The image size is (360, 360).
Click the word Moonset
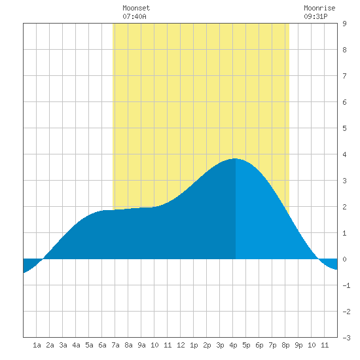[136, 8]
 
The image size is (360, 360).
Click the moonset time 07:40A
[134, 16]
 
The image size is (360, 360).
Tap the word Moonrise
[319, 8]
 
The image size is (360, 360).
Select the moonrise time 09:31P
[315, 16]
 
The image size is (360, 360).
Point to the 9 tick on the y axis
[344, 24]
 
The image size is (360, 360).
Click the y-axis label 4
[344, 154]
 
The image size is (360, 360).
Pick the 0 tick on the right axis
[344, 259]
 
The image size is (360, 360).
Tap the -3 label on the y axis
[346, 338]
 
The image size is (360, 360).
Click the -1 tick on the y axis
[346, 285]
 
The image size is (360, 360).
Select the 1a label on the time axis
[37, 345]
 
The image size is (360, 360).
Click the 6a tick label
[102, 345]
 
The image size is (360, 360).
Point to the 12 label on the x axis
[181, 345]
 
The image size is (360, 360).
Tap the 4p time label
[233, 345]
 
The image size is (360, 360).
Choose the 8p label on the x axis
[285, 345]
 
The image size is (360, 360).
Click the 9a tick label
[141, 345]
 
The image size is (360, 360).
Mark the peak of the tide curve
[235, 158]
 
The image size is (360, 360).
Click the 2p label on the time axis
[207, 345]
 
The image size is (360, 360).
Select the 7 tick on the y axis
[344, 76]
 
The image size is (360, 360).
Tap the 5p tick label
[246, 345]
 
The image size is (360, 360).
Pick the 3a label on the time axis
[63, 345]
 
